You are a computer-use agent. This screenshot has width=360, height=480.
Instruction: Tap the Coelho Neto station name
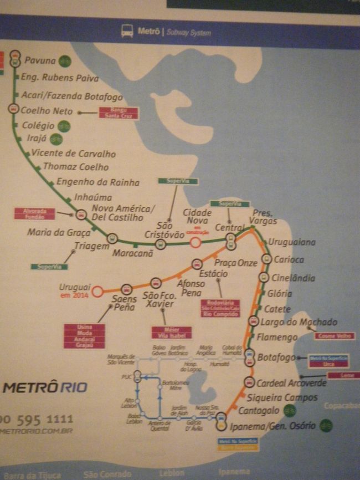pyautogui.click(x=47, y=110)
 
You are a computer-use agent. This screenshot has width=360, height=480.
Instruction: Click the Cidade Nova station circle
pyautogui.click(x=196, y=242)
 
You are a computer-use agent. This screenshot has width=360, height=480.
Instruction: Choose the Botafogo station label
pyautogui.click(x=276, y=358)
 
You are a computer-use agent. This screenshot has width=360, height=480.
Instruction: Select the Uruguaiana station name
pyautogui.click(x=291, y=242)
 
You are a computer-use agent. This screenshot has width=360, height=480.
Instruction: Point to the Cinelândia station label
pyautogui.click(x=293, y=278)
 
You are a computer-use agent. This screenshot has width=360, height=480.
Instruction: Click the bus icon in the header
pyautogui.click(x=127, y=32)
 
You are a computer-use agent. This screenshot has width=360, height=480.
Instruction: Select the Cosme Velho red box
pyautogui.click(x=335, y=336)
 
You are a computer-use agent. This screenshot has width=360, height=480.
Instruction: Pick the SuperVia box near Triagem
pyautogui.click(x=49, y=267)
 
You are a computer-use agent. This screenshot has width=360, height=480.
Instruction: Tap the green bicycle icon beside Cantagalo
pyautogui.click(x=289, y=410)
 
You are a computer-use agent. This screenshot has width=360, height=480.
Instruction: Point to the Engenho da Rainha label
pyautogui.click(x=98, y=182)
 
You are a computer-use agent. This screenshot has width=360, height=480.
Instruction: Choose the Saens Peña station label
pyautogui.click(x=124, y=303)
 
